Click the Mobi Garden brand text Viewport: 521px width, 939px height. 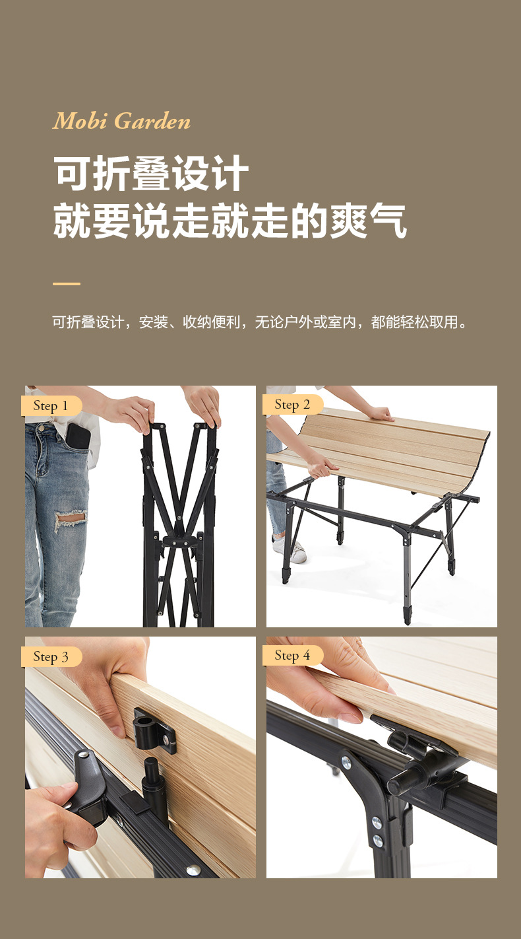122,122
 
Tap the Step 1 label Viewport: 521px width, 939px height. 51,406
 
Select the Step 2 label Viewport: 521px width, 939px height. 292,405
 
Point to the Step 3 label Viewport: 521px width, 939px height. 51,657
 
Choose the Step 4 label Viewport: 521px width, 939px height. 292,656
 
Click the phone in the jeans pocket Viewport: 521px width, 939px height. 78,436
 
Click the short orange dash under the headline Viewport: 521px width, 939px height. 66,284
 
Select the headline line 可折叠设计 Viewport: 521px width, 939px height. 151,174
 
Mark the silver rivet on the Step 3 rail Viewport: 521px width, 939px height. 192,870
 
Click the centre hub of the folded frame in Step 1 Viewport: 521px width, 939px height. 179,539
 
